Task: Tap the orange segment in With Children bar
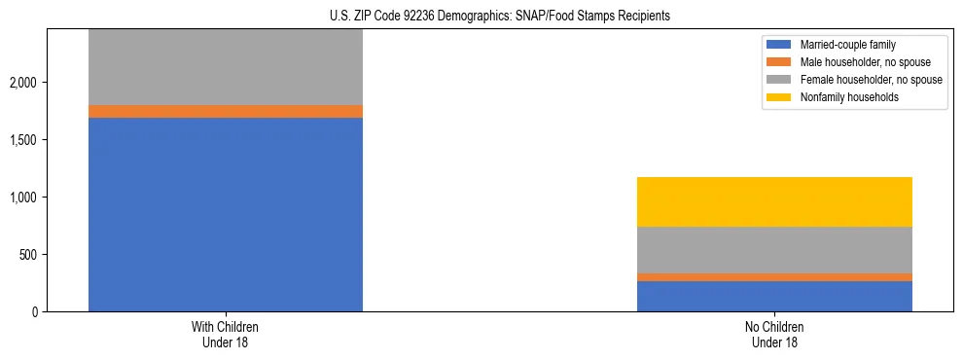(226, 111)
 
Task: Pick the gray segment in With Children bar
(226, 67)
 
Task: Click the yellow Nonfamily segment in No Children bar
(774, 201)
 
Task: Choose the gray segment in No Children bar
(774, 250)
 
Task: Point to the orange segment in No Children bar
(774, 277)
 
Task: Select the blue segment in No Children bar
(774, 296)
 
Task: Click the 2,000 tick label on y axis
(22, 83)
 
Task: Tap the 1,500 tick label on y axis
(22, 140)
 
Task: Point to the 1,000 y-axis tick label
(22, 198)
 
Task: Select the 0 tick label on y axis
(33, 312)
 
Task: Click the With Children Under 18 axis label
(226, 335)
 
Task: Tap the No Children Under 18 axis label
(774, 335)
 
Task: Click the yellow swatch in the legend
(779, 97)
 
